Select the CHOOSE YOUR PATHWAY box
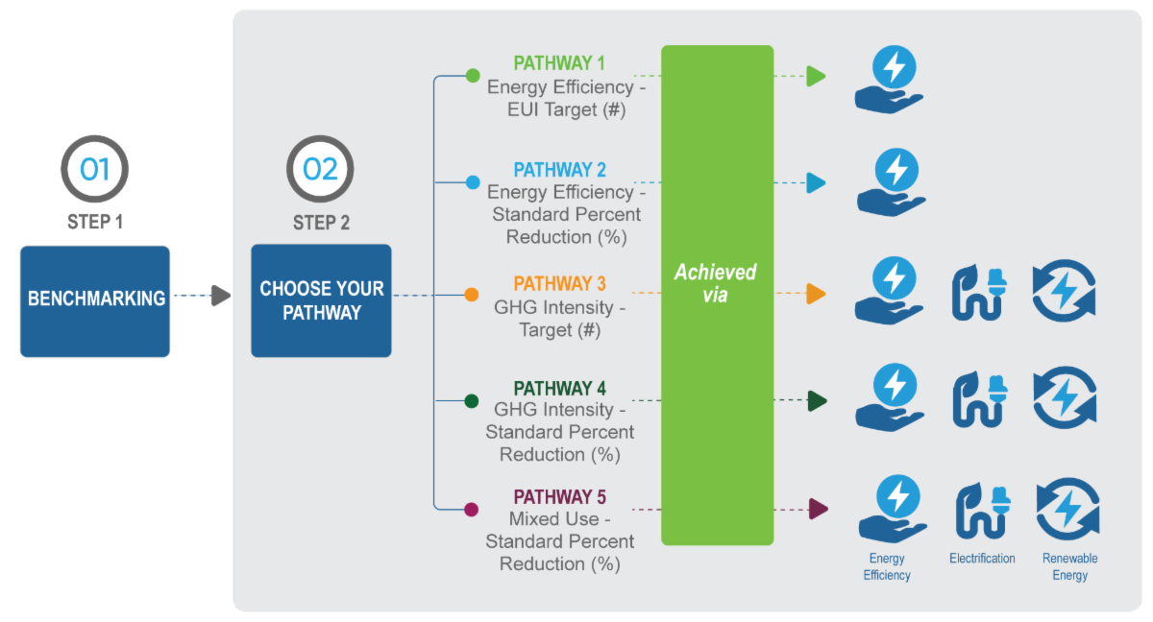pyautogui.click(x=321, y=300)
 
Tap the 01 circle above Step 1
pyautogui.click(x=94, y=170)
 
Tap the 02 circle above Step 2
pyautogui.click(x=320, y=170)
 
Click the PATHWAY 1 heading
pyautogui.click(x=559, y=63)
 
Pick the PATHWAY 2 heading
pyautogui.click(x=559, y=170)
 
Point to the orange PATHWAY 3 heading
pyautogui.click(x=559, y=284)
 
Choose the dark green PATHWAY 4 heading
pyautogui.click(x=559, y=389)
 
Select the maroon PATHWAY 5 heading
pyautogui.click(x=559, y=497)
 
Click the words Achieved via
pyautogui.click(x=716, y=283)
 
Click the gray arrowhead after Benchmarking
pyautogui.click(x=221, y=296)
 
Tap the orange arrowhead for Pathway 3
pyautogui.click(x=816, y=294)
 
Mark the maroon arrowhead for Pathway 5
pyautogui.click(x=818, y=509)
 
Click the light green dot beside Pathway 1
pyautogui.click(x=472, y=75)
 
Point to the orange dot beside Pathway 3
pyautogui.click(x=472, y=295)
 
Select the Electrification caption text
pyautogui.click(x=982, y=559)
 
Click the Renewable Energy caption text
pyautogui.click(x=1069, y=566)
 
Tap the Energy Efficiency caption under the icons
pyautogui.click(x=887, y=566)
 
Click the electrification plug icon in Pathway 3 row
pyautogui.click(x=978, y=291)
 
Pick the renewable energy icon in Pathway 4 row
pyautogui.click(x=1065, y=398)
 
